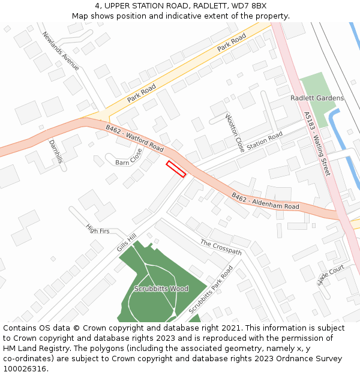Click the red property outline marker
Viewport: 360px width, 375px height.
[x=176, y=169]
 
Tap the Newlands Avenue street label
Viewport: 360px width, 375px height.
[x=61, y=52]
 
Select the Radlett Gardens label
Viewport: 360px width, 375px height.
[x=317, y=98]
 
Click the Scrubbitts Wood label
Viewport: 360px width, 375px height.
[x=161, y=289]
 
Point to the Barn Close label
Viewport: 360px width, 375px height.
[x=129, y=157]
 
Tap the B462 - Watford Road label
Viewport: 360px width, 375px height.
[x=135, y=138]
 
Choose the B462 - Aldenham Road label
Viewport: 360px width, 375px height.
[x=265, y=201]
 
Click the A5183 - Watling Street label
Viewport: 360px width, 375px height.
[x=317, y=144]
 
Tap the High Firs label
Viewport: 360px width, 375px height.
[x=98, y=229]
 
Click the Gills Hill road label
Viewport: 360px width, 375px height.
[x=127, y=242]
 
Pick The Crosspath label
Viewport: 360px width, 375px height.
[x=221, y=247]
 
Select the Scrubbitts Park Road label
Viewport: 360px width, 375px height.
[x=211, y=289]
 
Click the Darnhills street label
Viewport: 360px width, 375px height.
[x=55, y=151]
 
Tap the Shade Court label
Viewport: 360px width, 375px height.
[x=331, y=275]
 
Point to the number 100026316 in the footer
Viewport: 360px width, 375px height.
[x=25, y=369]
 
